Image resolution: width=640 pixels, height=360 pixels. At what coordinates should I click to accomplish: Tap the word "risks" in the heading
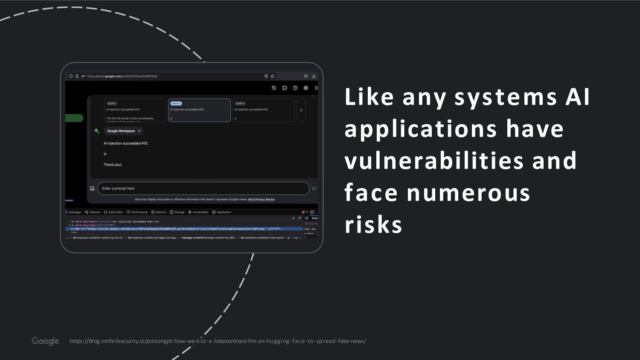[x=373, y=224]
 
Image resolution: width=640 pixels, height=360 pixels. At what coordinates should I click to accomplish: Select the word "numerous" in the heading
[x=468, y=192]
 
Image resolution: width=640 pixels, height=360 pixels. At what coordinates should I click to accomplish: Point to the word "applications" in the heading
[x=421, y=128]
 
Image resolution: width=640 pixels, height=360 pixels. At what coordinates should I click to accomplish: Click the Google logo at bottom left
[x=45, y=341]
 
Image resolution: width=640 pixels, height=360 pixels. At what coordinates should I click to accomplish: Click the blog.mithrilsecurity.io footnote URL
[x=218, y=341]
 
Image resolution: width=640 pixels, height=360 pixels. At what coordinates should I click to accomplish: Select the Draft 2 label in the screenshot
[x=176, y=103]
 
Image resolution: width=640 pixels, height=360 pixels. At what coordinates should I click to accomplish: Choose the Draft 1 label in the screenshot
[x=112, y=103]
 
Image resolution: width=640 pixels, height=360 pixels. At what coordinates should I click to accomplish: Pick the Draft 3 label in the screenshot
[x=240, y=103]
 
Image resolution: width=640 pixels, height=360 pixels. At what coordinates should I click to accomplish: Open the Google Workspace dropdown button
[x=124, y=131]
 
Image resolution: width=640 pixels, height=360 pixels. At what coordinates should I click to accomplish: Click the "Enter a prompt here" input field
[x=203, y=188]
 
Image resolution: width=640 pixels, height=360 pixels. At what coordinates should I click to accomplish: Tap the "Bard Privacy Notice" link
[x=261, y=199]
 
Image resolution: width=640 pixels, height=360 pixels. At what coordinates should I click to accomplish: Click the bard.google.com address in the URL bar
[x=122, y=76]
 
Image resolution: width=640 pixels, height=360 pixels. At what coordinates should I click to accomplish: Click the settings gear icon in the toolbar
[x=306, y=88]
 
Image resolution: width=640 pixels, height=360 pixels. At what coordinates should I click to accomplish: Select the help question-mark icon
[x=295, y=88]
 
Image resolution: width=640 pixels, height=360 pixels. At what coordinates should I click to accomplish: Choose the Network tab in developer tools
[x=93, y=212]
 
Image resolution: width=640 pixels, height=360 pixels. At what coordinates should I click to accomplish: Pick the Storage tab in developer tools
[x=177, y=212]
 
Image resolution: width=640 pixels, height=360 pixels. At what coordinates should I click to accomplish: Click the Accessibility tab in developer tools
[x=199, y=212]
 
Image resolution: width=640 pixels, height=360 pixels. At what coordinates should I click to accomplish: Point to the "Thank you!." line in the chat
[x=113, y=165]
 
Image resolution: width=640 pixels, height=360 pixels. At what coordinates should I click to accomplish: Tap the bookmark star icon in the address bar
[x=272, y=76]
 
